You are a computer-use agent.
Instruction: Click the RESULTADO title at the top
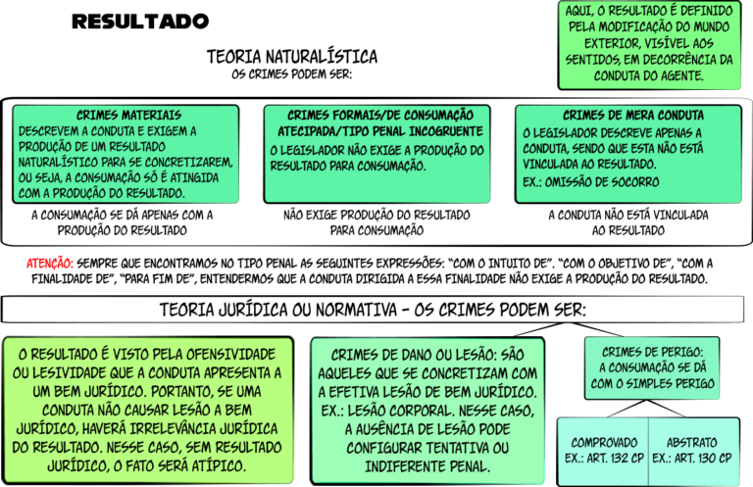(x=140, y=22)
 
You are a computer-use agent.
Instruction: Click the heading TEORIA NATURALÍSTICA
(x=292, y=57)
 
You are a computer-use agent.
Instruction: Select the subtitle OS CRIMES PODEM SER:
(x=292, y=74)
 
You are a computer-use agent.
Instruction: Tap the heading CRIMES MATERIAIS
(x=128, y=116)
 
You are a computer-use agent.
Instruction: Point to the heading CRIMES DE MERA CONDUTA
(x=633, y=116)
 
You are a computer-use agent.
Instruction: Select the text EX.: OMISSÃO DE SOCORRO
(x=591, y=182)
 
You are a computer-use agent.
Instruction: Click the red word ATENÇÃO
(x=49, y=264)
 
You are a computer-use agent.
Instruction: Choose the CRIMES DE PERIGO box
(x=652, y=368)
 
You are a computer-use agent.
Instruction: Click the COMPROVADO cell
(x=604, y=452)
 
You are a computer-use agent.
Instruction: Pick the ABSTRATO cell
(x=694, y=452)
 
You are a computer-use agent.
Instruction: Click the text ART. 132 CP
(x=615, y=459)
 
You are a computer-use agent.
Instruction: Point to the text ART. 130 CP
(x=704, y=459)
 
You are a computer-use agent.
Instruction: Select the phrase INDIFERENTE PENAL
(x=427, y=466)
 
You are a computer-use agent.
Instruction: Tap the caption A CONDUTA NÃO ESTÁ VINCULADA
(x=628, y=215)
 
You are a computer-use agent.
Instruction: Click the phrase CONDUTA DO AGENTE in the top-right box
(x=649, y=75)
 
